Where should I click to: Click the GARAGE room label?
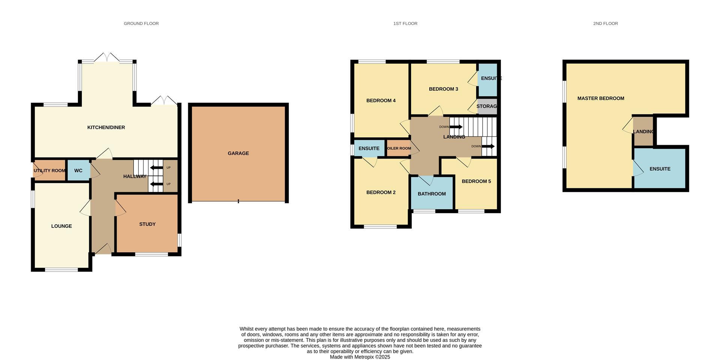click(x=238, y=153)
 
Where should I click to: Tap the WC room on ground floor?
click(x=78, y=171)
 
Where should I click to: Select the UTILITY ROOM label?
click(x=49, y=171)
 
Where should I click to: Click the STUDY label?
click(x=147, y=224)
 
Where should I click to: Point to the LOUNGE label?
click(x=61, y=226)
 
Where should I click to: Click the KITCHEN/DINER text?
click(x=106, y=127)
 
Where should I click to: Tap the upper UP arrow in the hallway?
click(x=156, y=168)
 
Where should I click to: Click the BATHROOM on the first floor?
click(x=432, y=194)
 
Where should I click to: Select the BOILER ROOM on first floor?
click(x=399, y=148)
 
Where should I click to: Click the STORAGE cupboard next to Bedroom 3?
click(x=486, y=106)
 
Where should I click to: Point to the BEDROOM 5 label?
click(x=476, y=181)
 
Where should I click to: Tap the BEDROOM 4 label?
click(x=381, y=100)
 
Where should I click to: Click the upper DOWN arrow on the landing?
click(x=456, y=127)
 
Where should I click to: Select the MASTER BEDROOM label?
click(x=601, y=98)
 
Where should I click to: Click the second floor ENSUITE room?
click(x=660, y=169)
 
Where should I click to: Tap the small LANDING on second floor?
click(x=643, y=132)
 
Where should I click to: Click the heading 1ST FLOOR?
click(x=405, y=24)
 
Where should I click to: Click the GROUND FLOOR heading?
click(x=141, y=24)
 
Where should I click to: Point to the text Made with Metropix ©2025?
click(x=360, y=357)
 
